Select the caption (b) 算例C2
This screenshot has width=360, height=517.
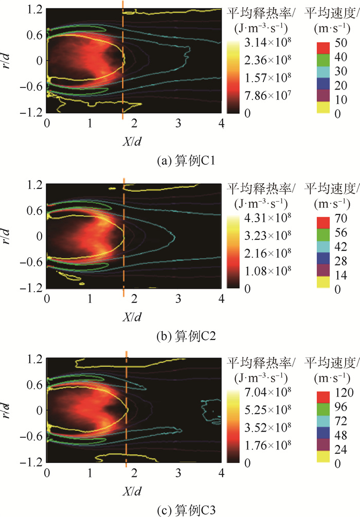pyautogui.click(x=134, y=336)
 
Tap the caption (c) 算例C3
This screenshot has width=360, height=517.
pyautogui.click(x=134, y=509)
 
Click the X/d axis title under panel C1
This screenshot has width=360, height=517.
pyautogui.click(x=134, y=140)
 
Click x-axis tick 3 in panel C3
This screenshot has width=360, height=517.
pyautogui.click(x=178, y=472)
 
